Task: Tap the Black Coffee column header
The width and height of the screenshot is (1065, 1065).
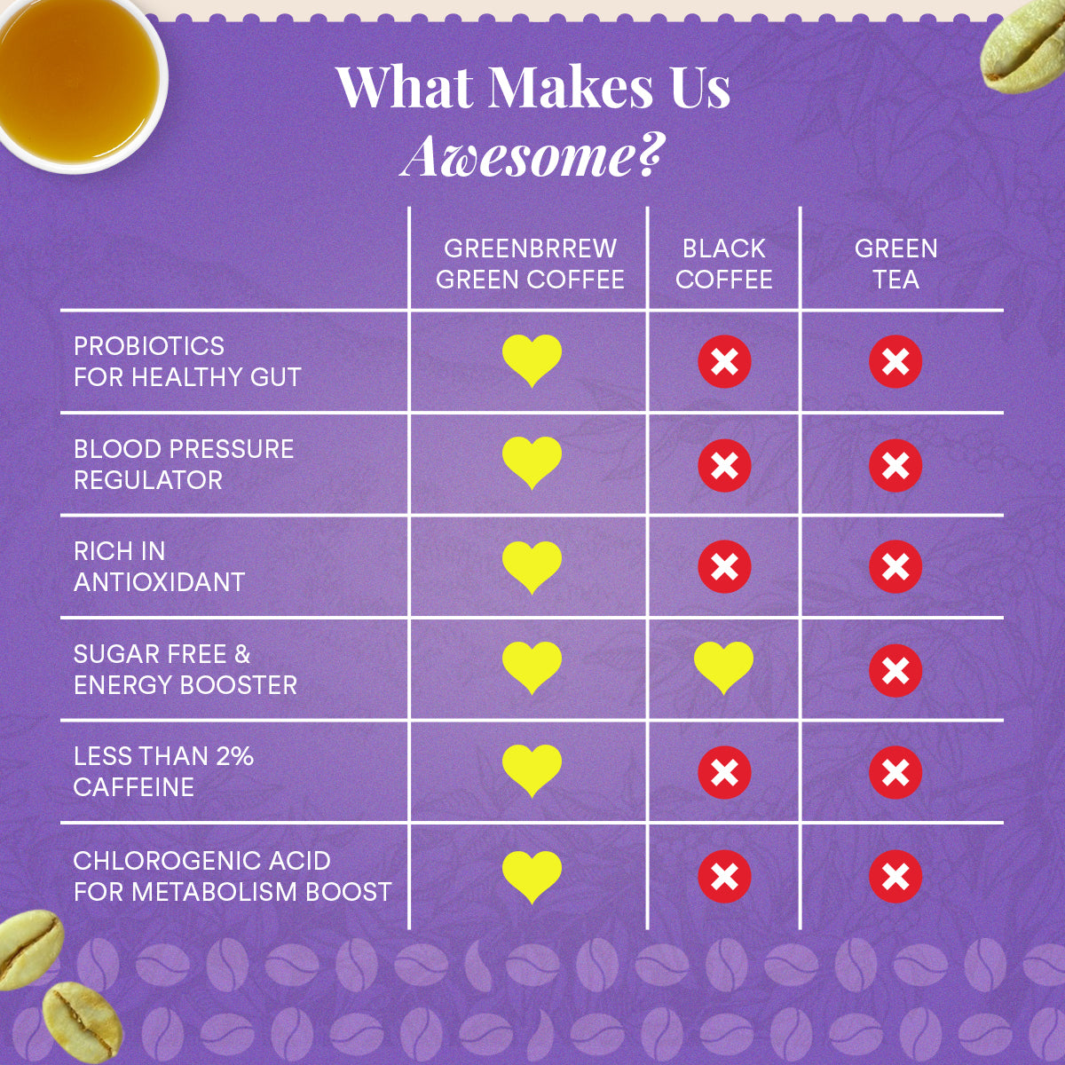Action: (x=723, y=264)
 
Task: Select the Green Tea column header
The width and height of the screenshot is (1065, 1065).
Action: (x=895, y=264)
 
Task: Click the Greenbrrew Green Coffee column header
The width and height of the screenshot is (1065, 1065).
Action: (x=530, y=264)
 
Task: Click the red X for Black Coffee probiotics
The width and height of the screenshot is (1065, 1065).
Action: (x=724, y=361)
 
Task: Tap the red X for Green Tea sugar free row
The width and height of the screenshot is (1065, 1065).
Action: (x=895, y=670)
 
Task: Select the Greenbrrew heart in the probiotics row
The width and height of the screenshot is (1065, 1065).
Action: (x=532, y=360)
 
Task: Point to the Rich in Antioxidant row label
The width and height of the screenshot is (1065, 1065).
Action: (x=159, y=566)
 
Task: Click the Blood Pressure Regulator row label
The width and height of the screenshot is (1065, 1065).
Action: (x=184, y=464)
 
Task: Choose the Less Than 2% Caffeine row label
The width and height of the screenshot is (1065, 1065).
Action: (x=163, y=771)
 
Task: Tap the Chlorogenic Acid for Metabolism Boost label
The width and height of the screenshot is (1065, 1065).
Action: (x=233, y=876)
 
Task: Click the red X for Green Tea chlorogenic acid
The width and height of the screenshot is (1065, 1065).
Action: (x=895, y=877)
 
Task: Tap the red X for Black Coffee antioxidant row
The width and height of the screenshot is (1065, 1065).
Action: (x=724, y=566)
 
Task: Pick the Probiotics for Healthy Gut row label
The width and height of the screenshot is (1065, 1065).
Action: (x=187, y=361)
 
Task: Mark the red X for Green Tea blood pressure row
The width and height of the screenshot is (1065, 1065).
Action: (x=895, y=465)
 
